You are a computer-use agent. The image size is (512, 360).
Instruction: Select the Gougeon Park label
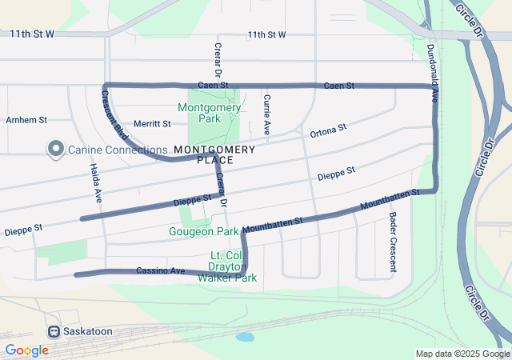204,231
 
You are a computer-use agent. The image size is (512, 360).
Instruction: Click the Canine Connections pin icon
55,149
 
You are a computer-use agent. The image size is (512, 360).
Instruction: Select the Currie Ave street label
266,114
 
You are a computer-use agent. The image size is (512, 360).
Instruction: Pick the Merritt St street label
153,124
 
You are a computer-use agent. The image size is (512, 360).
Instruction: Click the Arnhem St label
26,120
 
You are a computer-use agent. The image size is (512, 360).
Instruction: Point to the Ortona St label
328,129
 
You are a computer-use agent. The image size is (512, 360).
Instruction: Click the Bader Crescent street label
392,231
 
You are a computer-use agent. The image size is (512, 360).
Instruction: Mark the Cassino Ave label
160,270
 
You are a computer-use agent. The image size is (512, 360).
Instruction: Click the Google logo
26,350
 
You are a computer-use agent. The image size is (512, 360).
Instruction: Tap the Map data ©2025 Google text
462,354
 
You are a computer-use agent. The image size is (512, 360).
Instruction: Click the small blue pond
245,337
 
